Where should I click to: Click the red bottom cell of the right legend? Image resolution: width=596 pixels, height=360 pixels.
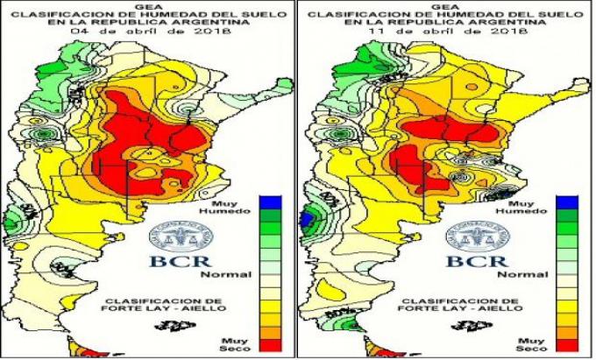pyautogui.click(x=565, y=343)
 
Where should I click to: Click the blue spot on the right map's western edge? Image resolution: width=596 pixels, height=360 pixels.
pyautogui.click(x=308, y=218)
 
